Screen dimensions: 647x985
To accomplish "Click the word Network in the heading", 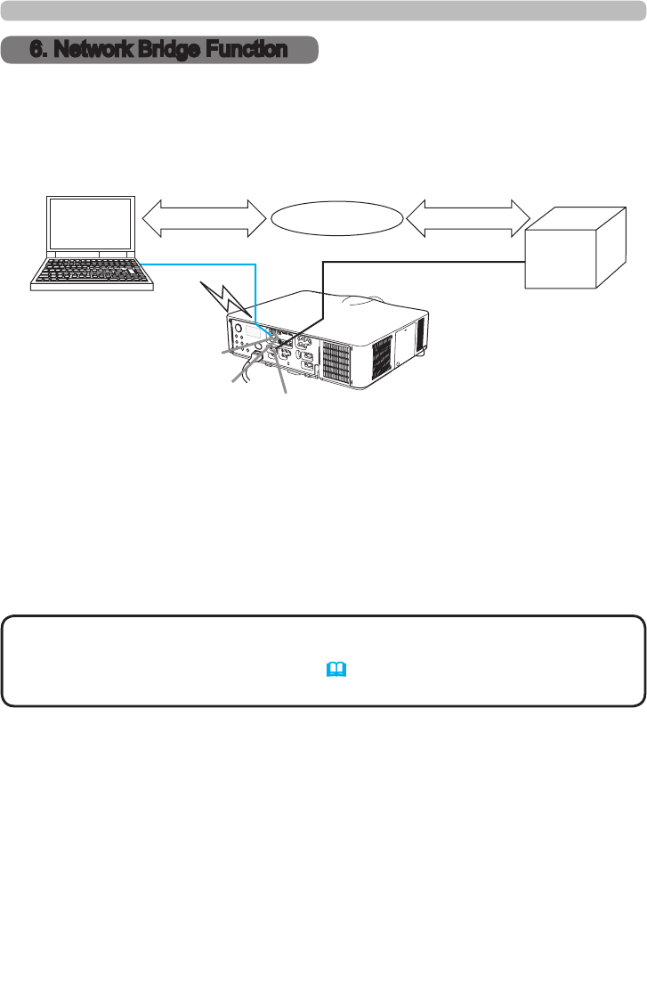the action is [x=94, y=50].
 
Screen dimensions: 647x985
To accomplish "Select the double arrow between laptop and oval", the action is [x=204, y=218].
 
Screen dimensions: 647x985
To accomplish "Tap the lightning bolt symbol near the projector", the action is [x=218, y=294].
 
